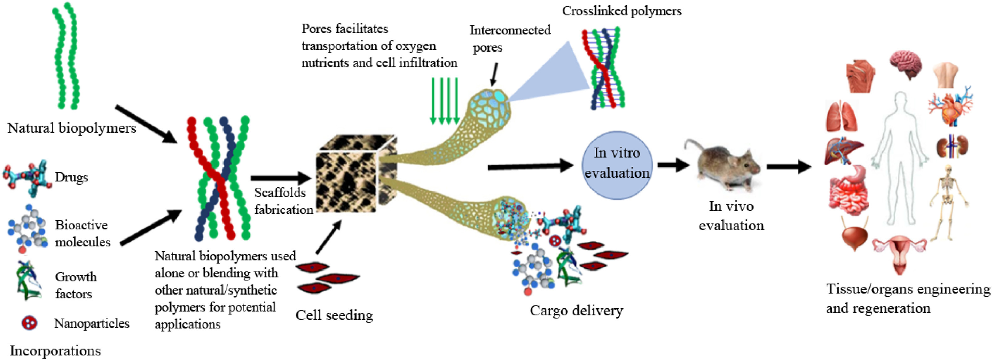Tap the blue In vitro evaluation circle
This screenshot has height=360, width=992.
pyautogui.click(x=616, y=165)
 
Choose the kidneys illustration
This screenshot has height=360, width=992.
pyautogui.click(x=952, y=146)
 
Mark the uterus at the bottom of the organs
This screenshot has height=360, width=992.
pyautogui.click(x=900, y=252)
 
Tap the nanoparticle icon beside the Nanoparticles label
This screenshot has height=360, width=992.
pyautogui.click(x=29, y=323)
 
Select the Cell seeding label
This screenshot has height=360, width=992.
pyautogui.click(x=334, y=315)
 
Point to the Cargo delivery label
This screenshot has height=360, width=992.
pyautogui.click(x=576, y=310)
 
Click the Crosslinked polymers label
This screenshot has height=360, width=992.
pyautogui.click(x=621, y=11)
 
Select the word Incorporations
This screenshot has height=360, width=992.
pyautogui.click(x=55, y=351)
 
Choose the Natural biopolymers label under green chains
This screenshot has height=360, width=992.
pyautogui.click(x=72, y=128)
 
